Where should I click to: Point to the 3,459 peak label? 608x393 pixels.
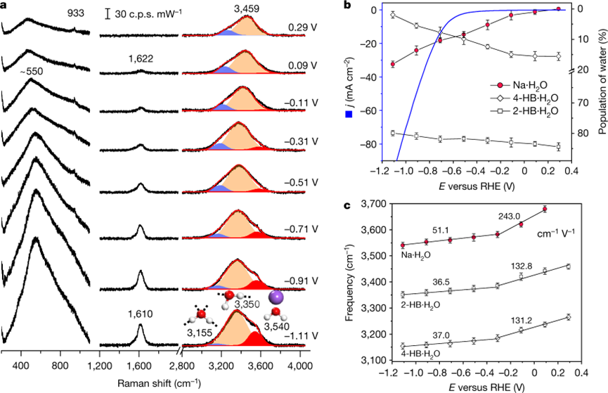(245, 8)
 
